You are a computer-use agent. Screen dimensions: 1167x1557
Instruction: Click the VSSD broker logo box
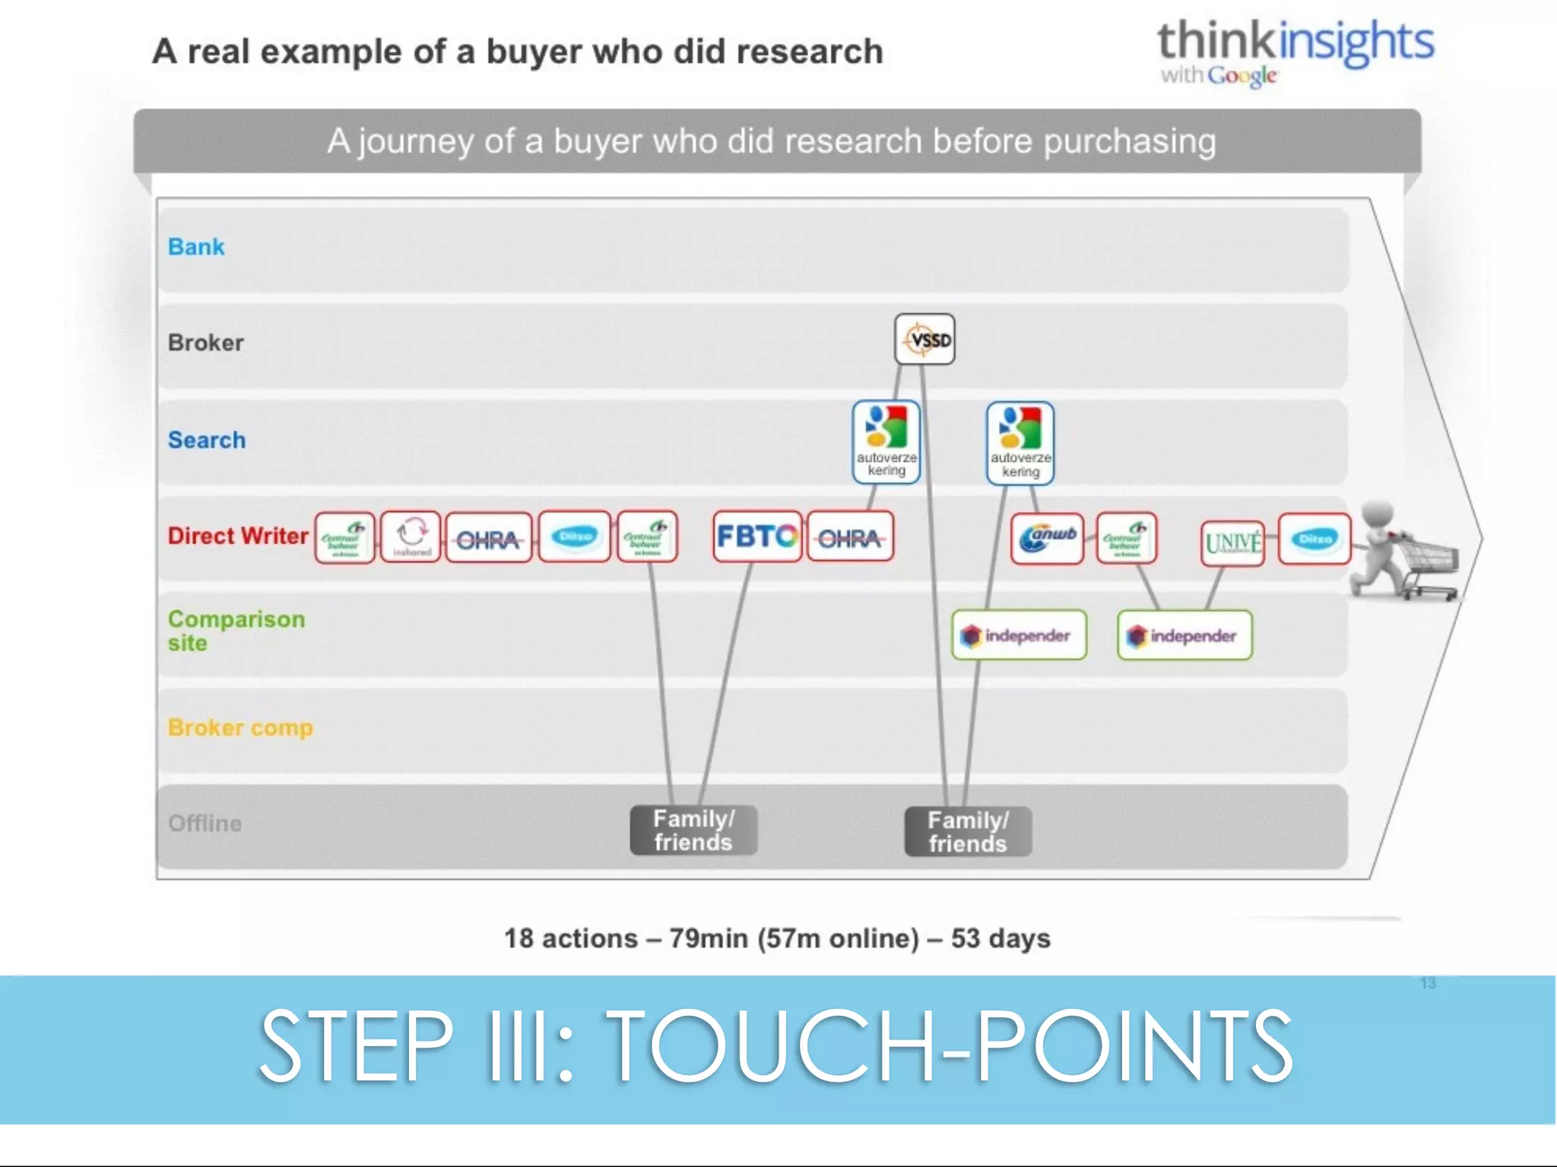[924, 339]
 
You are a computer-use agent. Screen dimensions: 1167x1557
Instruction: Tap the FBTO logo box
[757, 536]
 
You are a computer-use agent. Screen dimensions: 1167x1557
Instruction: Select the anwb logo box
[1047, 538]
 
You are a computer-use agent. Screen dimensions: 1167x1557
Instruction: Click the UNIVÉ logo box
[1232, 542]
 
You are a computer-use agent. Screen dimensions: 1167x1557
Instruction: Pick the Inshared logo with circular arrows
[411, 536]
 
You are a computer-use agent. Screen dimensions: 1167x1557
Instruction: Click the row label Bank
[196, 247]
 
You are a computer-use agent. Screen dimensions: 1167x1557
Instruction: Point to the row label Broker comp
[240, 727]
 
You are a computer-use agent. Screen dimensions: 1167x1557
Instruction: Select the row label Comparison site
[236, 631]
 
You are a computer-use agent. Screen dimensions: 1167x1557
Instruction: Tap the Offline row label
[205, 823]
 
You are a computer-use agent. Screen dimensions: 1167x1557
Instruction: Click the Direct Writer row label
[238, 536]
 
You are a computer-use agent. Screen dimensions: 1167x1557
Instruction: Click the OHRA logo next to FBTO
[850, 538]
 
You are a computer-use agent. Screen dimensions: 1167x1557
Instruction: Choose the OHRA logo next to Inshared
[488, 538]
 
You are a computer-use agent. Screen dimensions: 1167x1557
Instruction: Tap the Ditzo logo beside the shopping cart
[1314, 539]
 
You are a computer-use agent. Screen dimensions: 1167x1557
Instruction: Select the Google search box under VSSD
[886, 443]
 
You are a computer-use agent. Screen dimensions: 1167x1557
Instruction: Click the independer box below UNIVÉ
[1184, 635]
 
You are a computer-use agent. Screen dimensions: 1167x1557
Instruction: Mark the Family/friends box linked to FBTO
[693, 830]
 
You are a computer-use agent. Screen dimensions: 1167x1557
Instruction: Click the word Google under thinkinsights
[1241, 75]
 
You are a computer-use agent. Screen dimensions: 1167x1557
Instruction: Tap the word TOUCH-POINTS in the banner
[950, 1046]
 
